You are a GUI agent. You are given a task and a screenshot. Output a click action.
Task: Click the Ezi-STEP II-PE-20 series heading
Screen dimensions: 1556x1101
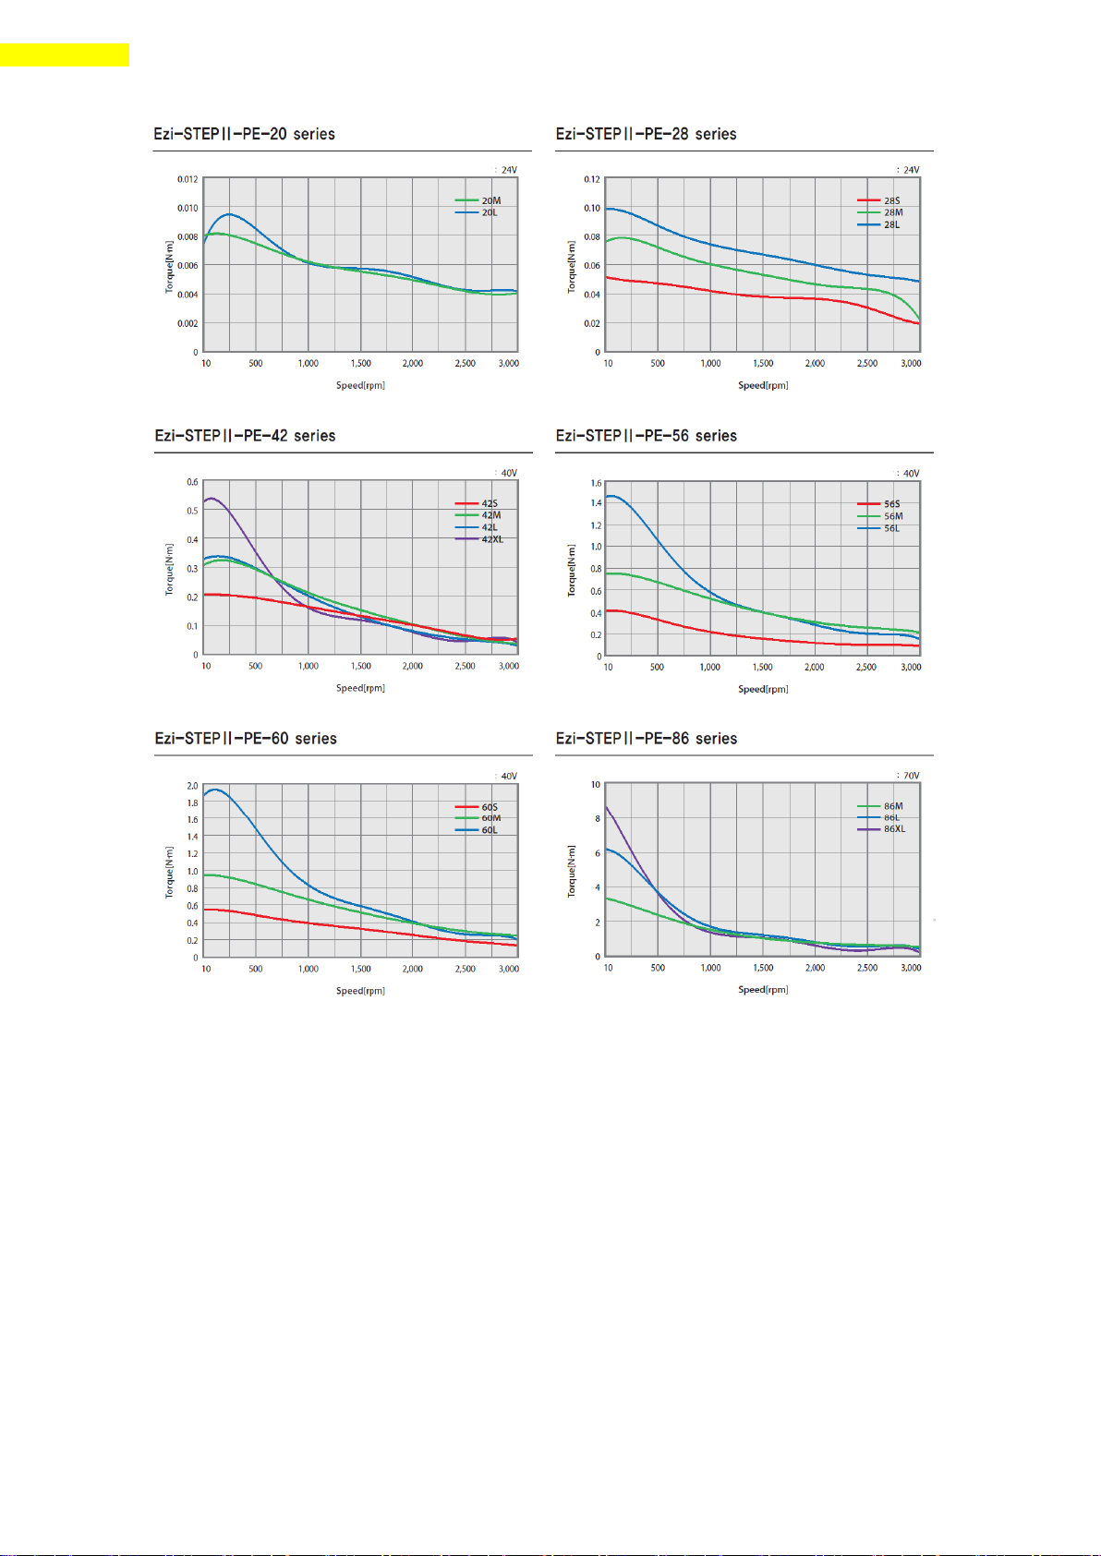(x=244, y=134)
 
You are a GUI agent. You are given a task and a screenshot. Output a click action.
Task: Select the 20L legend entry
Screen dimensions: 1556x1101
(x=489, y=212)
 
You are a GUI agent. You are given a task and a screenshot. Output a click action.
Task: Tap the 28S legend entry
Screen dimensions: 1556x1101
(x=891, y=200)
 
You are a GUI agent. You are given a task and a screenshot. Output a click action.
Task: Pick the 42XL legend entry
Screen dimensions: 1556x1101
(x=491, y=539)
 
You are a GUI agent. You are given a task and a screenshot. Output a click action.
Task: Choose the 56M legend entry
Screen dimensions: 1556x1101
(x=892, y=516)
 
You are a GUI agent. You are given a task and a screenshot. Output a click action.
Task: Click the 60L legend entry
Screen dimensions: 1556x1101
(x=489, y=830)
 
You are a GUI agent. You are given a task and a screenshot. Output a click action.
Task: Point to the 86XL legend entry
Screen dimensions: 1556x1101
(x=893, y=829)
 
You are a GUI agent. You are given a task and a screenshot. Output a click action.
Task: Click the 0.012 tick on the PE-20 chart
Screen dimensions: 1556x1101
(x=188, y=179)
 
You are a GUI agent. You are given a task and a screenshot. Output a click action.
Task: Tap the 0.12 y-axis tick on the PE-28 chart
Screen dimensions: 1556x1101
(x=591, y=179)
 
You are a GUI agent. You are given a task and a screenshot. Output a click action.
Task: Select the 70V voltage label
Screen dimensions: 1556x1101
(x=911, y=776)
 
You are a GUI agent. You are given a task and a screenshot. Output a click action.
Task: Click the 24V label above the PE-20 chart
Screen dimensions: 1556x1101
(x=509, y=170)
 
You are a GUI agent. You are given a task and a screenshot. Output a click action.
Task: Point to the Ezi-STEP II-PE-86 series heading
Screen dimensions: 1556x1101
(x=646, y=739)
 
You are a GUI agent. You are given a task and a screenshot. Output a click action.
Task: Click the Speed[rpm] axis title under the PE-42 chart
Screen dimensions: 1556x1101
(x=360, y=688)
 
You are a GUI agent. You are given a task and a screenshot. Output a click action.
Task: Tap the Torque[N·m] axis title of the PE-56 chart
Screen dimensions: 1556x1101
(x=571, y=570)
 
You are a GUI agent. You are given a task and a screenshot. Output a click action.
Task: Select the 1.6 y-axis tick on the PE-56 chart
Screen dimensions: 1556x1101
(x=596, y=483)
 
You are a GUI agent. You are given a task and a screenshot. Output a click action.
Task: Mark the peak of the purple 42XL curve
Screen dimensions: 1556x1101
(x=212, y=499)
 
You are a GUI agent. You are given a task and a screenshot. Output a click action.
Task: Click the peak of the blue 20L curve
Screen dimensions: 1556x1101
(x=228, y=214)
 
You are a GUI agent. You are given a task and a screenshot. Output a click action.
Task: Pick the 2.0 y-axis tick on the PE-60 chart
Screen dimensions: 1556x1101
(x=192, y=786)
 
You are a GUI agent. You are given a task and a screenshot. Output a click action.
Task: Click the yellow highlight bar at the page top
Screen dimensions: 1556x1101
(x=64, y=54)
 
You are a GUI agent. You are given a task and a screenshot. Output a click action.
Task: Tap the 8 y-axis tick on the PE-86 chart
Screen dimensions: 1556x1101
(x=597, y=819)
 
